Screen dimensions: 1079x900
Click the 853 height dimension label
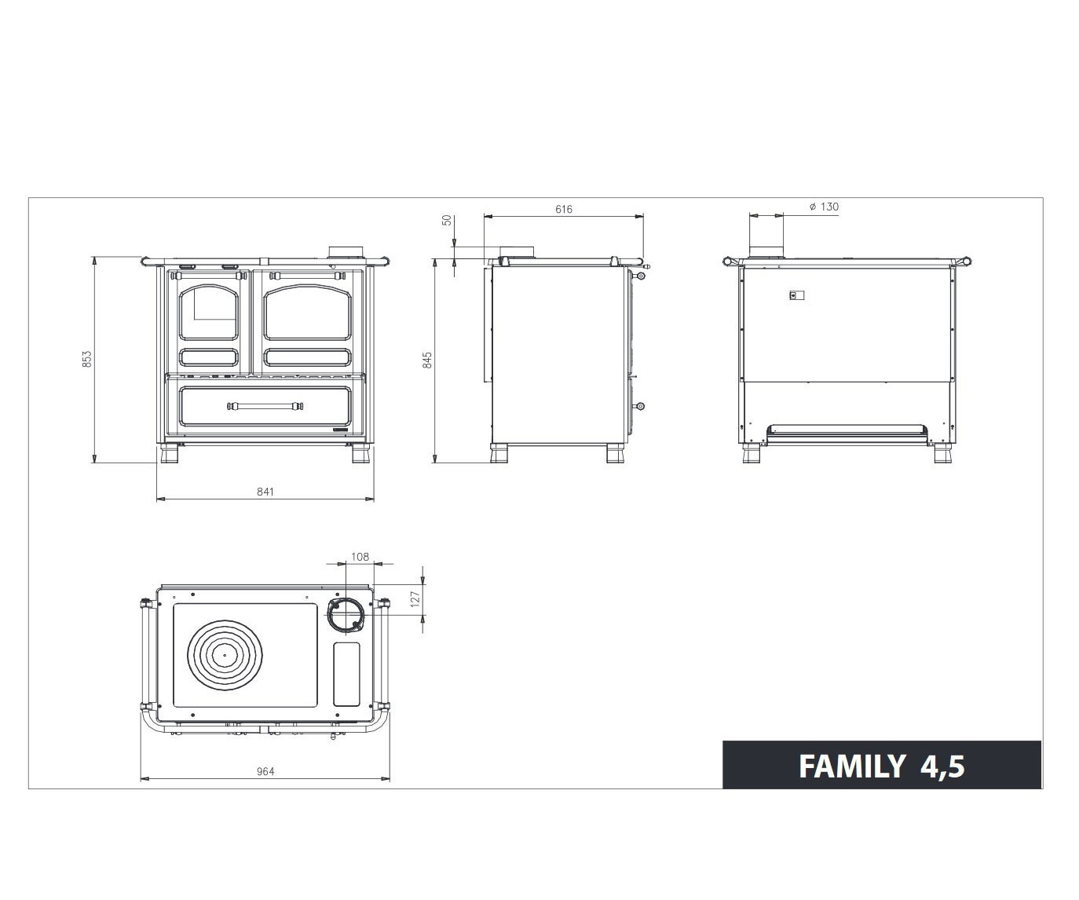point(87,359)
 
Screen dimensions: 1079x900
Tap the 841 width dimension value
point(265,492)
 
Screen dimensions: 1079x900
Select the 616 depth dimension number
point(564,210)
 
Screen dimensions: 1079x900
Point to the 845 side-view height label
point(427,360)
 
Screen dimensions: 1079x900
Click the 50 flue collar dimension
point(448,220)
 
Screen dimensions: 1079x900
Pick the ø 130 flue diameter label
point(824,207)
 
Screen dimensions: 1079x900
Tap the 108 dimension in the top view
point(360,557)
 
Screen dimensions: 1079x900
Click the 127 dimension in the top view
point(415,600)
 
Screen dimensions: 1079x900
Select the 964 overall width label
point(265,771)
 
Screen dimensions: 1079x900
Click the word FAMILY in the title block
point(851,766)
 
